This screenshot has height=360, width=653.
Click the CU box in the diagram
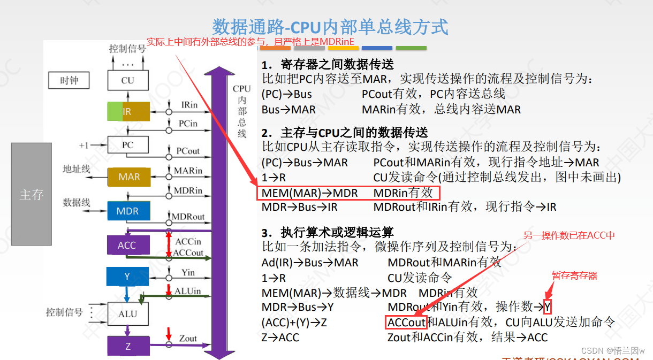(x=127, y=81)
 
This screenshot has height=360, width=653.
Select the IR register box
(x=128, y=112)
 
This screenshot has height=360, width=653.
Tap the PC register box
(x=127, y=145)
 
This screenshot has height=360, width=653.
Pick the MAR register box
(x=129, y=177)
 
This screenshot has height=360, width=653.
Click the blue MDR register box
(x=127, y=211)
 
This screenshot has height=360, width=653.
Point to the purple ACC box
(x=127, y=246)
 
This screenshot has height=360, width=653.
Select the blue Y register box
(x=127, y=277)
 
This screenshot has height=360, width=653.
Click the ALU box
(x=127, y=314)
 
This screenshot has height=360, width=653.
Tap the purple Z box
(x=128, y=346)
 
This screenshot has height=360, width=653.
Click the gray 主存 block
(x=31, y=194)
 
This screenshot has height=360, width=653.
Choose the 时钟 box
(x=69, y=81)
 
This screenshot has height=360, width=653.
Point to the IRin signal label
(x=189, y=105)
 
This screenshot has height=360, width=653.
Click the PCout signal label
(x=188, y=151)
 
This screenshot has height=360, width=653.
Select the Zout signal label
(x=188, y=338)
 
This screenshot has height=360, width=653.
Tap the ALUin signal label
(x=188, y=290)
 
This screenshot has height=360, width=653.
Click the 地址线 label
(x=77, y=169)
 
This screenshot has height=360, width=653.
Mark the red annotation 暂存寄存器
(x=574, y=275)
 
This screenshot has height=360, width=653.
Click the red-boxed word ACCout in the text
(x=406, y=322)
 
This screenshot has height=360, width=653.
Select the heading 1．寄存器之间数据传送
(x=328, y=65)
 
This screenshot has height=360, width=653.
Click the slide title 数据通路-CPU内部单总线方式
(x=330, y=27)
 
